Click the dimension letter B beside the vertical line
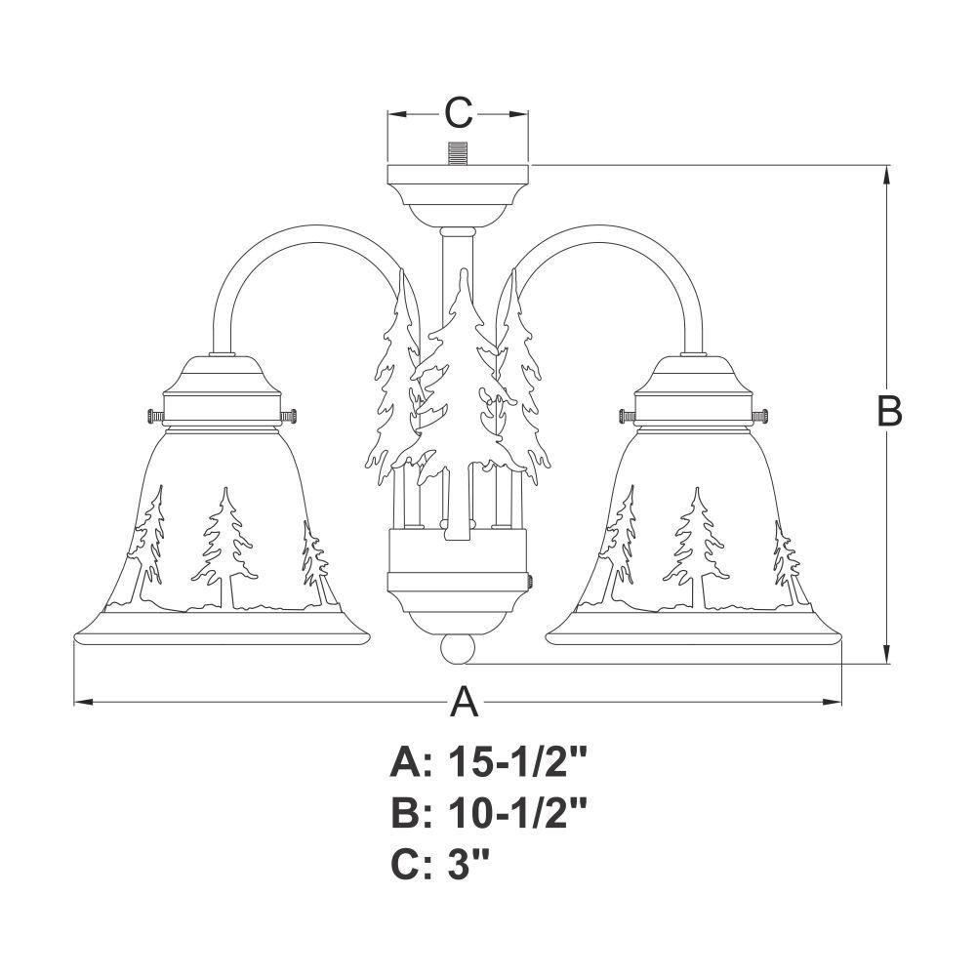pyautogui.click(x=889, y=411)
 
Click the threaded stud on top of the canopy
pyautogui.click(x=458, y=154)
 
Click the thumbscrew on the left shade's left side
pyautogui.click(x=155, y=415)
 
